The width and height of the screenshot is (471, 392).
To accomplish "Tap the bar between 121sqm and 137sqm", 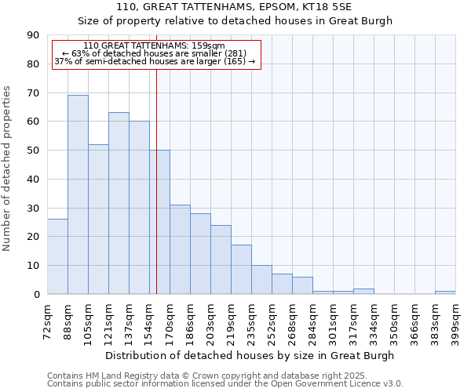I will pos(119,203).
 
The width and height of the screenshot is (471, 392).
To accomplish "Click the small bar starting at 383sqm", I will pos(445,292).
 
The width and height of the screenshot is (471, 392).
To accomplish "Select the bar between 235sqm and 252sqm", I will pos(261,280).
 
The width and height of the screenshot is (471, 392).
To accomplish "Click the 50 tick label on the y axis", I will pos(34,151).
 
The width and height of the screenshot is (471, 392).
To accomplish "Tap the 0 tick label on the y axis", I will pos(37,295).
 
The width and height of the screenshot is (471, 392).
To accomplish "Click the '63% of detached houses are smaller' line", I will pos(154,53).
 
